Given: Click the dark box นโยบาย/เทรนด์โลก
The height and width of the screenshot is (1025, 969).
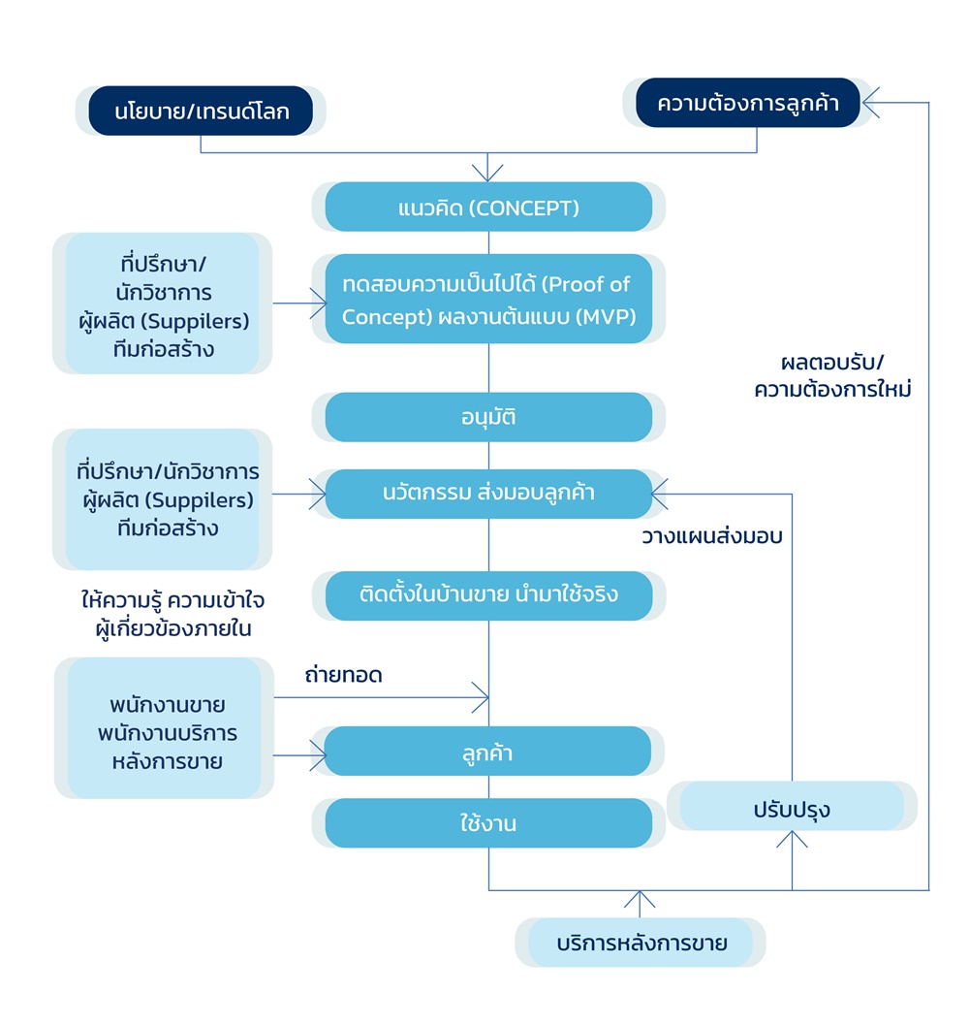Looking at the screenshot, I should (201, 111).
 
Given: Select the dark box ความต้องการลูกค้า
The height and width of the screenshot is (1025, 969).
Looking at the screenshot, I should (747, 103).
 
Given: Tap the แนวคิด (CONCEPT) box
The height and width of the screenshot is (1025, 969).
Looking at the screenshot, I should (488, 208).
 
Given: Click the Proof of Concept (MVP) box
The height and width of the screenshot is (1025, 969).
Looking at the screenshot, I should (488, 300).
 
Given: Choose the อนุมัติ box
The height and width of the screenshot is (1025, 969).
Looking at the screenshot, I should (488, 417).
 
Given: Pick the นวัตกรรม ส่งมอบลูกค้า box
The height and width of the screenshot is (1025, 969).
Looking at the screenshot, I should (488, 494).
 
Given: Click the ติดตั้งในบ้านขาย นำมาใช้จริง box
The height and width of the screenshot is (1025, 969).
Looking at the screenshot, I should (488, 595).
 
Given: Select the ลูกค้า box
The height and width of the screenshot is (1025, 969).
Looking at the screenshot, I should (488, 752).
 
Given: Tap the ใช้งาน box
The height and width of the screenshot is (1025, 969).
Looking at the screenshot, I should (488, 823).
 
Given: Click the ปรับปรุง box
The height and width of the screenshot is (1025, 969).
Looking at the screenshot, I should (792, 807).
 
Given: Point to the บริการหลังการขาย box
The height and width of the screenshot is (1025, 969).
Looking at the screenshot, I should (641, 943).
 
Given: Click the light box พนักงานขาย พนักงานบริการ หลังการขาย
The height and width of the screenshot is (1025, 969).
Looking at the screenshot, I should (165, 732).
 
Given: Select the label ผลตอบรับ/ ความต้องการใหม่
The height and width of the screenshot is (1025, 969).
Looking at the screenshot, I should (832, 376).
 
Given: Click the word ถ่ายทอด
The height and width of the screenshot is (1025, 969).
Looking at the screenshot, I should (343, 676).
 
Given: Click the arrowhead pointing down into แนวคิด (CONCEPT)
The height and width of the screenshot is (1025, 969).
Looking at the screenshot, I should (488, 174).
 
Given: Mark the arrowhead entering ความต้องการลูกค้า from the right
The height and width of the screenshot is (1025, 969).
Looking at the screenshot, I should (870, 102).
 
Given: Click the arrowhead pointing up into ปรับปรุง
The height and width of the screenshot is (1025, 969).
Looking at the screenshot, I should (793, 840).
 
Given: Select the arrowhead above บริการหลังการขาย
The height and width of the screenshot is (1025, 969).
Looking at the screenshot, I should (640, 899).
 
